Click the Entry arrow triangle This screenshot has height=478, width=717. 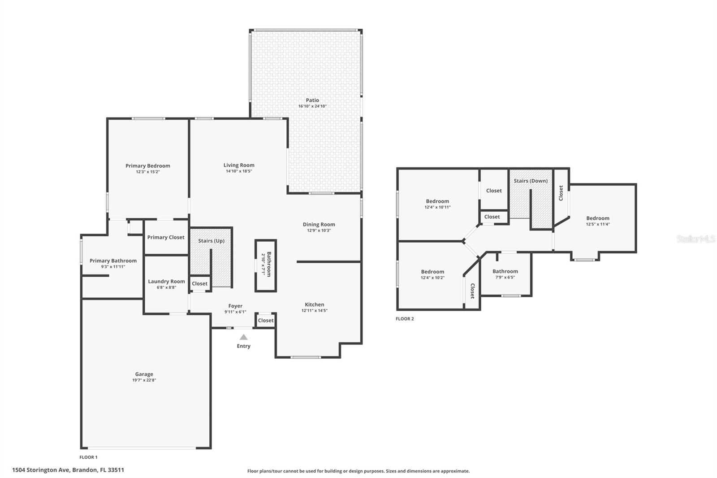(x=243, y=337)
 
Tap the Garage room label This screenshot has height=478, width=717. (x=144, y=374)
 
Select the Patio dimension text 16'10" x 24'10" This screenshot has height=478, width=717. (x=312, y=106)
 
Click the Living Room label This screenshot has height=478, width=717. (x=239, y=165)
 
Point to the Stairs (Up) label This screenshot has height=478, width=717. (x=211, y=241)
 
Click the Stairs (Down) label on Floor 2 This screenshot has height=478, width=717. (x=531, y=181)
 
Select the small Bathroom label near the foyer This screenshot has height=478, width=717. (x=269, y=264)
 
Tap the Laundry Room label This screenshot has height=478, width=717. (x=166, y=282)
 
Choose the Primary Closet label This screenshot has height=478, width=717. (x=166, y=237)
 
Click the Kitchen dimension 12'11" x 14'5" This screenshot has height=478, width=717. (x=314, y=310)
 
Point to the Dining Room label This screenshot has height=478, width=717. (x=319, y=224)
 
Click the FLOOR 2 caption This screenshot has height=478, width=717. (x=405, y=319)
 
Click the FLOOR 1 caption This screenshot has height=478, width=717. (x=88, y=457)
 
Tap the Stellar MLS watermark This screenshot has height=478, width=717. (x=695, y=239)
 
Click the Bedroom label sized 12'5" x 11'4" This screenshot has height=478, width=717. (x=598, y=218)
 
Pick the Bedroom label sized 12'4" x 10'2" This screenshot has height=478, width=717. (x=432, y=272)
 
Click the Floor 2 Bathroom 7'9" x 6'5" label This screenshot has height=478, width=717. (x=505, y=271)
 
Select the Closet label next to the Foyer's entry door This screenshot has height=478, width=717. (x=265, y=320)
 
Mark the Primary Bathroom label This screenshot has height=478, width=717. (x=113, y=261)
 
